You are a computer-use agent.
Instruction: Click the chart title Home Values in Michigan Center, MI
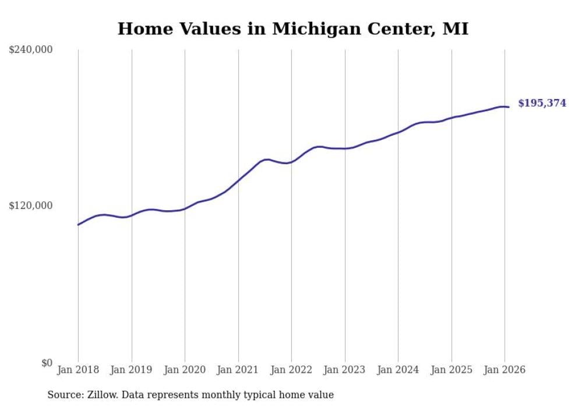(292, 29)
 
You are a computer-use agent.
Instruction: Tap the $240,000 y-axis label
(31, 50)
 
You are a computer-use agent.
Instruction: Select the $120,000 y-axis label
(31, 206)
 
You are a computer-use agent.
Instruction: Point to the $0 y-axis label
(47, 363)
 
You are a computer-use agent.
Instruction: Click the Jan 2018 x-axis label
(78, 370)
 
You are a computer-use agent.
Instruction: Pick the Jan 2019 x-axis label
(132, 370)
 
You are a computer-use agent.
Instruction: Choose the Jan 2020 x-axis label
(185, 370)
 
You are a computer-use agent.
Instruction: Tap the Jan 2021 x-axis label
(238, 370)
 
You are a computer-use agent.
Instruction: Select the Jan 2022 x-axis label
(291, 370)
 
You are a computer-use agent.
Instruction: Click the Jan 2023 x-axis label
(345, 370)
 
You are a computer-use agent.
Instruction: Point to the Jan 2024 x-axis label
(398, 370)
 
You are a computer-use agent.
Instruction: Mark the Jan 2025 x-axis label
(452, 370)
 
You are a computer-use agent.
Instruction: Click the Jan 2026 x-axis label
(505, 370)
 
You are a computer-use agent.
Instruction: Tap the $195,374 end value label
(542, 103)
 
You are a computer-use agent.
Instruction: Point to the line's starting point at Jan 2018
(78, 225)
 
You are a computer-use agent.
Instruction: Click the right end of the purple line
(509, 107)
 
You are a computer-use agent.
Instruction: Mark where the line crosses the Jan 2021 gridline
(238, 180)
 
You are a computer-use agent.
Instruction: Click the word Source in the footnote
(64, 395)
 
